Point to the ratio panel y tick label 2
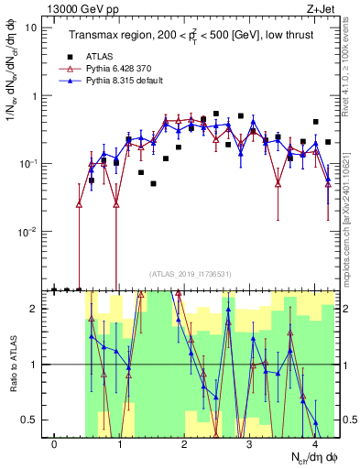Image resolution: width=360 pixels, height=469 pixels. tap(34, 309)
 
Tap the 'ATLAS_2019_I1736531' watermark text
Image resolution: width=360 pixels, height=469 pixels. tap(191, 273)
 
